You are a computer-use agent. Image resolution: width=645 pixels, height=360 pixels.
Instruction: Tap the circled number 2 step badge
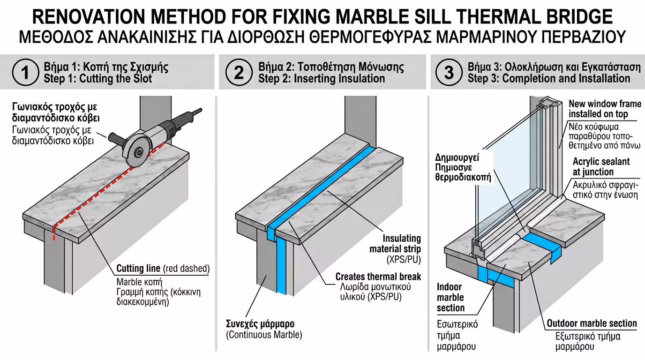[239, 73]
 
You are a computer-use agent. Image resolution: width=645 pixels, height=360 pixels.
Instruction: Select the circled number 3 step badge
[449, 73]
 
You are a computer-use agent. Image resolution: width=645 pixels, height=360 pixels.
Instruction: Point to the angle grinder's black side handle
[116, 138]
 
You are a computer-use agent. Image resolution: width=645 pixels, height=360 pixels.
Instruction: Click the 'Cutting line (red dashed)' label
[163, 269]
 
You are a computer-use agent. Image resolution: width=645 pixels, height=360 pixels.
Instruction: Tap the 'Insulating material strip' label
[395, 244]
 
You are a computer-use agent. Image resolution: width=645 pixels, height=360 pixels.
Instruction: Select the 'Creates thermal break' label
[378, 277]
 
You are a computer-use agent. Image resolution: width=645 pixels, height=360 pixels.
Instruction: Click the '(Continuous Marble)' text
[264, 335]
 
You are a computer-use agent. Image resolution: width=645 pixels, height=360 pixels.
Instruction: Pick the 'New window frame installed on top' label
[605, 109]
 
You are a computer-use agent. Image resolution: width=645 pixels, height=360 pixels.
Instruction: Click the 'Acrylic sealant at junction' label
[601, 167]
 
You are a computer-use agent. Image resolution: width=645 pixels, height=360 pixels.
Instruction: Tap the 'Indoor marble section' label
[450, 297]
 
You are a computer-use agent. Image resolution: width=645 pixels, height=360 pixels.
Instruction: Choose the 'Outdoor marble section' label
[592, 323]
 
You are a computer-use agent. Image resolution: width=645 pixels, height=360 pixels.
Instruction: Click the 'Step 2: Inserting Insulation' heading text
[322, 79]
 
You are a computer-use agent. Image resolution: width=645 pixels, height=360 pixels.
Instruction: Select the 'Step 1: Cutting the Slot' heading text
[97, 79]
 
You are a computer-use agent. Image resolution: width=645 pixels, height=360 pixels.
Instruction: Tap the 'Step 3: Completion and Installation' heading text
[548, 79]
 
